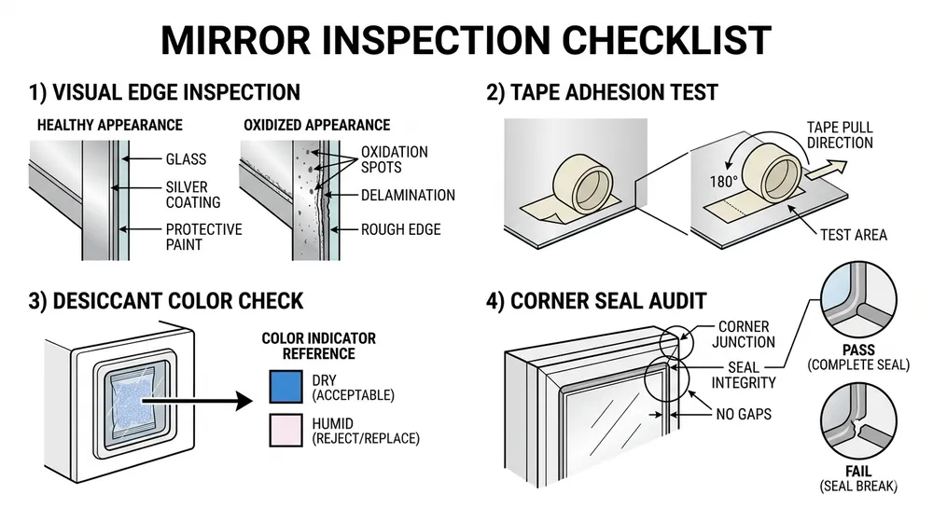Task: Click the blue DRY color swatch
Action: coord(285,387)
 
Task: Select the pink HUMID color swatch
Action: coord(285,429)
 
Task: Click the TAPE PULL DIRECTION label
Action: coord(840,135)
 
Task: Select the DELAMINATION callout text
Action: coord(408,195)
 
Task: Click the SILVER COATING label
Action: coord(193,194)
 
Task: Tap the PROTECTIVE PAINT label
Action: coord(203,236)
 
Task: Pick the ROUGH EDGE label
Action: coord(401,229)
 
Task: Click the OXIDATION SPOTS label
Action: coord(394,159)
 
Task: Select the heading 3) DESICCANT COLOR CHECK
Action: coord(165,300)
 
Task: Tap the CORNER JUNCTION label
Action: coord(745,334)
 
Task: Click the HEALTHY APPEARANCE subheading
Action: coord(109,125)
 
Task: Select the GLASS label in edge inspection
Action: coord(186,159)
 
